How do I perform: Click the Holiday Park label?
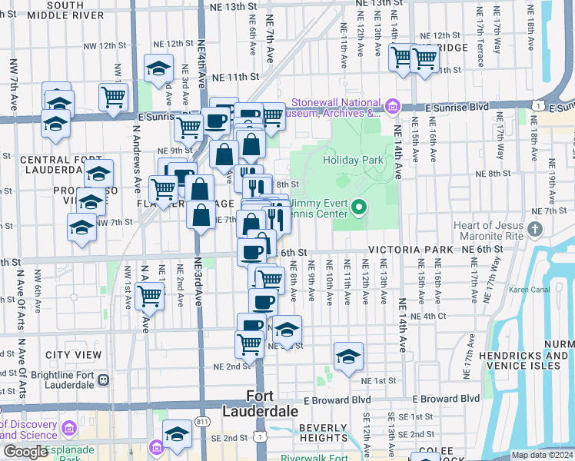[353, 160]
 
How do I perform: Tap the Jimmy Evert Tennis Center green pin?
[358, 207]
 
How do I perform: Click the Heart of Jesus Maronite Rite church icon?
[536, 229]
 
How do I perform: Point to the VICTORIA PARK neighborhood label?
[411, 250]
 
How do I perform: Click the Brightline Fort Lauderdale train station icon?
[103, 379]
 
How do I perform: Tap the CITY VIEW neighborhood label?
[73, 355]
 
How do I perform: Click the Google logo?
[25, 452]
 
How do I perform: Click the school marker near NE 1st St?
[348, 356]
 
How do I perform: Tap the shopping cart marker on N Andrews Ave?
[149, 294]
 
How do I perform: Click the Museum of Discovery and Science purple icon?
[68, 427]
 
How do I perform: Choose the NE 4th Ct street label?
[427, 316]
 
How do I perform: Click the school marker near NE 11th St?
[158, 68]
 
